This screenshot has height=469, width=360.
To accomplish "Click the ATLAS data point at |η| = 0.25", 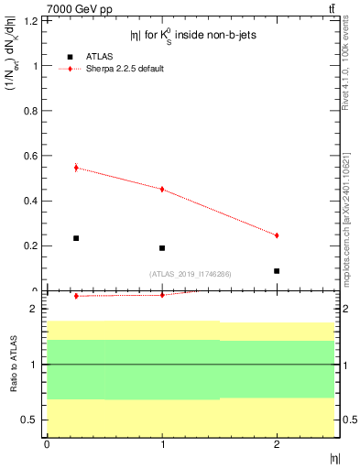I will (76, 238).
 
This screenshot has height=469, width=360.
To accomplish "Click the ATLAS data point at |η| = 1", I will (162, 248).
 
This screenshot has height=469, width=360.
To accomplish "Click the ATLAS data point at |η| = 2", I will (277, 271).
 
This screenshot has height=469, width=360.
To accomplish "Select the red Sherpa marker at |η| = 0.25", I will (76, 168).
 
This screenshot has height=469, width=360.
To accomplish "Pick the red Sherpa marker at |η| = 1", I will (162, 190).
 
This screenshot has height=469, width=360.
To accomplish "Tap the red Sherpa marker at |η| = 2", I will (277, 235).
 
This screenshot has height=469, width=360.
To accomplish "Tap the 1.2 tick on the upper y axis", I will (34, 20).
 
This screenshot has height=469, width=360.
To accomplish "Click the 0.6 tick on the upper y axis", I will (34, 156).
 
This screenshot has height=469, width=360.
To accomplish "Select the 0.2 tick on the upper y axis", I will (34, 245).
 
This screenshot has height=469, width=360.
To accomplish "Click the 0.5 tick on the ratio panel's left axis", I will (35, 420).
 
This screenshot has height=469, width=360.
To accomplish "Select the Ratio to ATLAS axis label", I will (14, 365).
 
